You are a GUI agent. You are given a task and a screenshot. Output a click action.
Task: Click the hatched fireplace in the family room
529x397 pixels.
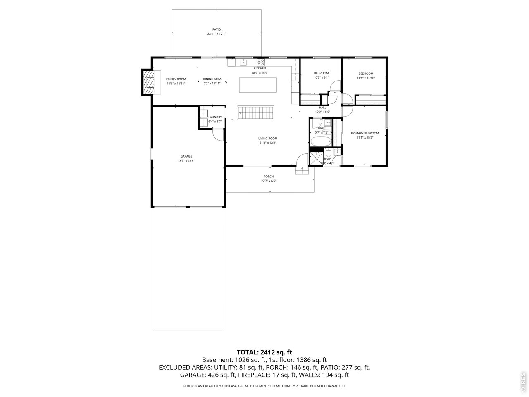coord(148,82)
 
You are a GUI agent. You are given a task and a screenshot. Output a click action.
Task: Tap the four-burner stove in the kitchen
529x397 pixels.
coord(261,62)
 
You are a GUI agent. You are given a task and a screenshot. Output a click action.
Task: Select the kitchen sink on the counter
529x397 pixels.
coord(243,62)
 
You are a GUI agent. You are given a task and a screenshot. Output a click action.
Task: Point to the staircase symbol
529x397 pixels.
coord(256,113)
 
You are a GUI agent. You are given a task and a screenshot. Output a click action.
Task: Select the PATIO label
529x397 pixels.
coord(217,29)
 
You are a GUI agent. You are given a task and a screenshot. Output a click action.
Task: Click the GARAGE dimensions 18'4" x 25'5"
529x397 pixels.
coord(186,161)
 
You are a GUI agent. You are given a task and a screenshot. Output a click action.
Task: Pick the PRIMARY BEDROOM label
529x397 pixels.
coord(365,133)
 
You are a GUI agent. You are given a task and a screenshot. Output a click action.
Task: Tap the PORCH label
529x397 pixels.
coord(269,177)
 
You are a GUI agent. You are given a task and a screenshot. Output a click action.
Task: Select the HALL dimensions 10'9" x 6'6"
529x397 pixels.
coord(322,112)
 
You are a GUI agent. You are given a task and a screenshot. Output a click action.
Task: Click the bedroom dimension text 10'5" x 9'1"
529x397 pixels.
coord(321,77)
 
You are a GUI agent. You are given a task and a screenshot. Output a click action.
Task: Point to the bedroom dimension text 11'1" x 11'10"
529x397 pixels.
coord(366,78)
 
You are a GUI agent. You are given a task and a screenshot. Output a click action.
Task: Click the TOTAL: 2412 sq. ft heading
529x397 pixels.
coord(264,352)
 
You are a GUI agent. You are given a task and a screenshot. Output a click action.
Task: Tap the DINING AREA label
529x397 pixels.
coord(212,79)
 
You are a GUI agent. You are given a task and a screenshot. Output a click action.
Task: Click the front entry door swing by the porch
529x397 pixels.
coord(303,160)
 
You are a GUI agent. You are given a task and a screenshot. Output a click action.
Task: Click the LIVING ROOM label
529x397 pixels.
coord(268,139)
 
